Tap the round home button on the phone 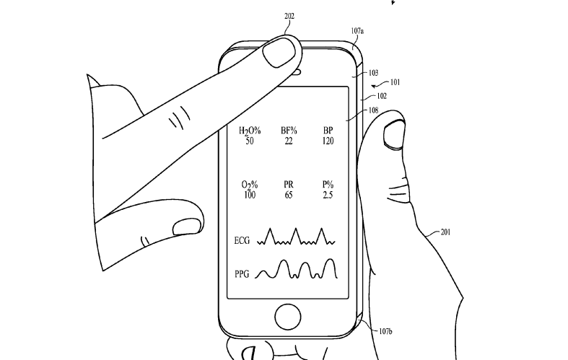(288, 317)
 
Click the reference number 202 (289, 16)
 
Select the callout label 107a (357, 31)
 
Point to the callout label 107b (385, 331)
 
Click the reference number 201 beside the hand (445, 232)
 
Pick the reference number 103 (373, 73)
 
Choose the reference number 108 (373, 110)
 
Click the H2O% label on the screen (250, 131)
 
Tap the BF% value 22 (289, 141)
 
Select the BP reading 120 (328, 141)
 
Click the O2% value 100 (250, 195)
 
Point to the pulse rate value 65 (289, 195)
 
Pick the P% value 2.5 (328, 195)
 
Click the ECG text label (242, 240)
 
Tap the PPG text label (242, 274)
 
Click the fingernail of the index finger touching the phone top (279, 52)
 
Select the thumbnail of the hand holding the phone (394, 135)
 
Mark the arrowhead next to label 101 (374, 86)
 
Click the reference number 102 (382, 96)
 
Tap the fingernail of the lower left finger (187, 227)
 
